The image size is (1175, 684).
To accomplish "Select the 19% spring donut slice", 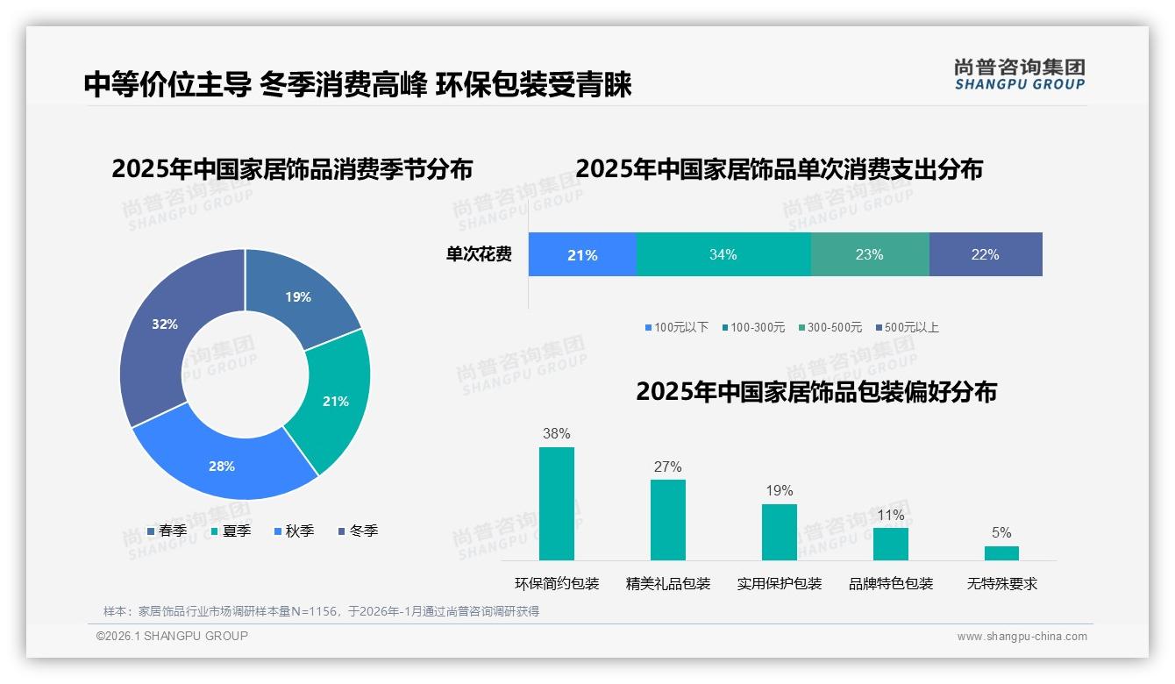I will coord(298,296).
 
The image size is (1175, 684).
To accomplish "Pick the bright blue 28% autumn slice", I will coord(222,466).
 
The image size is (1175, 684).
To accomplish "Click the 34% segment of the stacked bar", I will coord(723,254).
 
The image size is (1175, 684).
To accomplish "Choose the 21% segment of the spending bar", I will coord(582,254).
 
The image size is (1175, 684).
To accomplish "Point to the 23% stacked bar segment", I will coord(869,254).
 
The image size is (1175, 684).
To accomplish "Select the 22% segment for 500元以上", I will coord(985,254).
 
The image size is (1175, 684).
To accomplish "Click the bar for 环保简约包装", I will coord(556,503).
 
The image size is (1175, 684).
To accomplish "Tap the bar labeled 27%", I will coord(667,519).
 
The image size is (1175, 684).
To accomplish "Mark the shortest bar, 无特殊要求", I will coord(1001,552).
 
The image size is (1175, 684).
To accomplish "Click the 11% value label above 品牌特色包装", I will coord(890,515).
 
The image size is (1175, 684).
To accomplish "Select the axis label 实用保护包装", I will coord(779,583).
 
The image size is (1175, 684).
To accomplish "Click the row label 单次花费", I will coord(479,254).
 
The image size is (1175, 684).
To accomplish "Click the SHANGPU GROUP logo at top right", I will coord(1019,74).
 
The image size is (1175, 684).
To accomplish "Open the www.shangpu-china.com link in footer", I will coord(1022,636).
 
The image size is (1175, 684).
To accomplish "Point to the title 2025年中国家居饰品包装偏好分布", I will coord(815,391).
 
